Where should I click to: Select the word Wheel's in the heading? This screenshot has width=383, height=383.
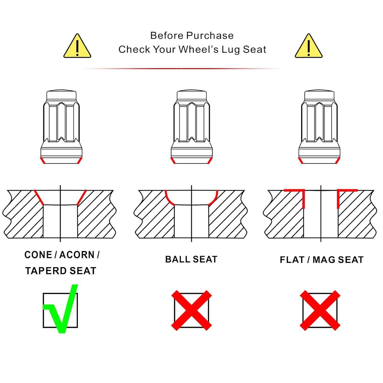pos(198,49)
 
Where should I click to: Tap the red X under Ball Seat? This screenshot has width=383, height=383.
pos(192,310)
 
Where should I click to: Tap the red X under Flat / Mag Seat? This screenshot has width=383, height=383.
pos(320,310)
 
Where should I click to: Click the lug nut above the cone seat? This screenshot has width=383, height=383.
pos(61,127)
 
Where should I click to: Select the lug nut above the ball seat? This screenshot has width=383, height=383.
pos(192,127)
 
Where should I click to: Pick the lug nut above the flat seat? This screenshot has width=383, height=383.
pos(319,127)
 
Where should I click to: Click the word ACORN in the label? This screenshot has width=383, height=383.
pos(77,255)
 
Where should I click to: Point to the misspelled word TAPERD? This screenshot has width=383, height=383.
pos(46,271)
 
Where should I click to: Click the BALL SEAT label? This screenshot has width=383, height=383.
pos(191,259)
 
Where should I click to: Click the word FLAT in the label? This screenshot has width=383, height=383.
pos(292,260)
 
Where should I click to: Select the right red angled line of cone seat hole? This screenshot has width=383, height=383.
pos(81,197)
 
